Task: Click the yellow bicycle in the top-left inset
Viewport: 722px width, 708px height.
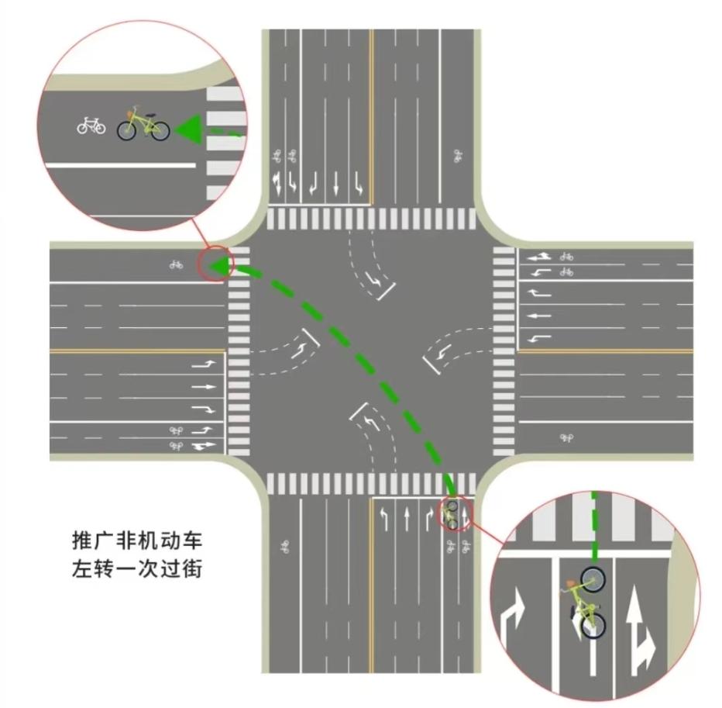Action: [143, 124]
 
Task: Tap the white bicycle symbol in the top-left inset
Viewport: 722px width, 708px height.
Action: [91, 124]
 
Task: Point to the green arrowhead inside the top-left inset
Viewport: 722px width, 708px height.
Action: [187, 128]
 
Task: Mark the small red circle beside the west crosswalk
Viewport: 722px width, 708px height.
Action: [215, 265]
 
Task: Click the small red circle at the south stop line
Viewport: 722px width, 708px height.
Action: [453, 513]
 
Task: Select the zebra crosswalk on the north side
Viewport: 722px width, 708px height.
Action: [371, 219]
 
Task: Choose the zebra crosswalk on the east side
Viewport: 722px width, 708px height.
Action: [504, 351]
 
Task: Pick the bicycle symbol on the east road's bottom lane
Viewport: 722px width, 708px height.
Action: [566, 438]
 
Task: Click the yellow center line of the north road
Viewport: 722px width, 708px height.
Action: [371, 116]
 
